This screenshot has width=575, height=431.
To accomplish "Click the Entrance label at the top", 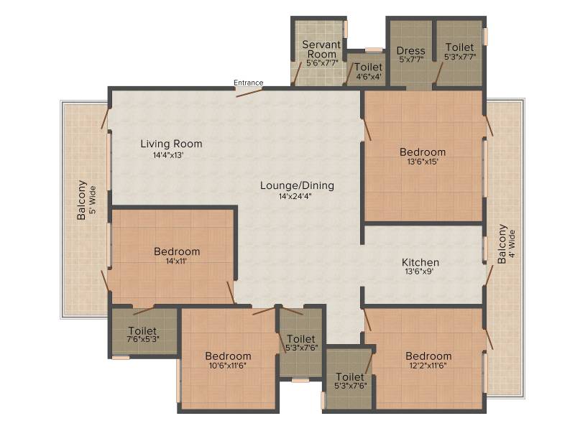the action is coord(248,83).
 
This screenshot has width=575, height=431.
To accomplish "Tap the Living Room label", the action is coord(171,144).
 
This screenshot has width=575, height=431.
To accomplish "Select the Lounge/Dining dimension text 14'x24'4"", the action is coord(295,196).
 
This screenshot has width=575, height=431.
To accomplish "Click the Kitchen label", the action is coord(420,262).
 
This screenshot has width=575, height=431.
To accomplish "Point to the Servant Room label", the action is coord(321,49).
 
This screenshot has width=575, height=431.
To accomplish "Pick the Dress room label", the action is coord(410,50).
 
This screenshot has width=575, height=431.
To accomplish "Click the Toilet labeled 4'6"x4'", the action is coord(368,71).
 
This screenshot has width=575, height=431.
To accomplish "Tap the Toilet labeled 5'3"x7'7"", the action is coord(460,52).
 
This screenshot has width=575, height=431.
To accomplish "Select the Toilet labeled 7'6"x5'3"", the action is coord(142,335).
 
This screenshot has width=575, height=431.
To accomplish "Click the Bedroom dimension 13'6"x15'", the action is coord(423,162).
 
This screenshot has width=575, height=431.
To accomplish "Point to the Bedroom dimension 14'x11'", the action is coord(177,261).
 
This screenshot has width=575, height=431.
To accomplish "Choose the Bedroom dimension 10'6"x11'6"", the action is coord(228,365).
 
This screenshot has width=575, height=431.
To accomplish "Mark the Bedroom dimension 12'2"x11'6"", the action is coord(428,365).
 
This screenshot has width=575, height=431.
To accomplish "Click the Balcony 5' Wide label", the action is coord(86,200).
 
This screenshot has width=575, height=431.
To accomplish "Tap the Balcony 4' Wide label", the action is coord(507,244).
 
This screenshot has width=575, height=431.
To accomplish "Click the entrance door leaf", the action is coord(249,92).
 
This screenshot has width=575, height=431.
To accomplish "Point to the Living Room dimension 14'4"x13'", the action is coord(168,155).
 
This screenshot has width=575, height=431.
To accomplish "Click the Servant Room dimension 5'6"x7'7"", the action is coord(322,62).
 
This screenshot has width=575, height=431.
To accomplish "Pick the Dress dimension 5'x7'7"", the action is coord(411,60).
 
